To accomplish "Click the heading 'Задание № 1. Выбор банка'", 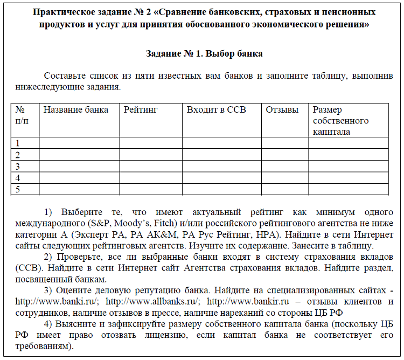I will coord(204,54).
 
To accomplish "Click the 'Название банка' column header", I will coord(75,110).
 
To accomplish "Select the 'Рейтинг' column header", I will coord(140,110).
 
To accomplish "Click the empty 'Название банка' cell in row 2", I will coord(79,155).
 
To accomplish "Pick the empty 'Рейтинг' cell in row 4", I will coord(151,178).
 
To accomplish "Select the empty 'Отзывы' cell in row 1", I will coord(285,143).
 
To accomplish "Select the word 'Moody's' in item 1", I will coord(145,222).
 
